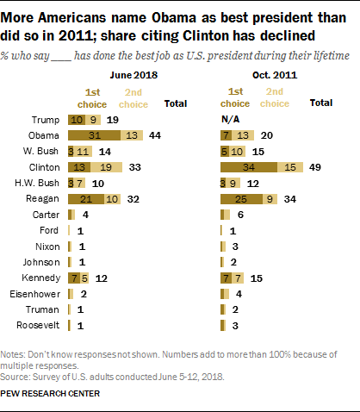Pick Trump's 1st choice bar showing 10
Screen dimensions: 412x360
(77, 120)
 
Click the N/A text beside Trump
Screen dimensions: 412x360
(230, 120)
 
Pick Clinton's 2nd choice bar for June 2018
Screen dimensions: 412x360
(111, 166)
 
